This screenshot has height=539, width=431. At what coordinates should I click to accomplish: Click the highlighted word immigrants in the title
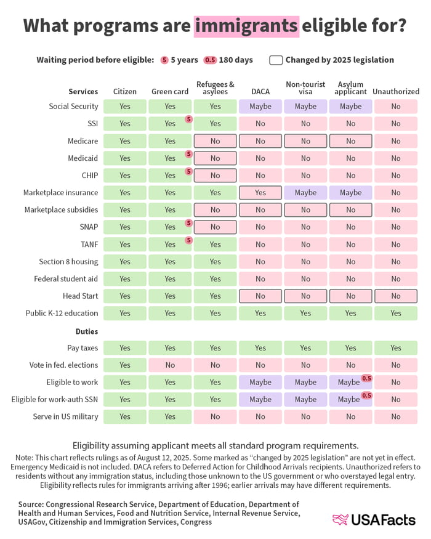(246, 26)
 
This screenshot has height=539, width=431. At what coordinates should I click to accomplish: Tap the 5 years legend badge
(164, 60)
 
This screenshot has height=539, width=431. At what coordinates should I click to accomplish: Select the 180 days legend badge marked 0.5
(210, 60)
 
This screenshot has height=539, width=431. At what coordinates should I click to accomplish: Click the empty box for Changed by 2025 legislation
(276, 60)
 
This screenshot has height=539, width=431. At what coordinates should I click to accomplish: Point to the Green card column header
(170, 91)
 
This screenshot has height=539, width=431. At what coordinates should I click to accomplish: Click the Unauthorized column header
(396, 91)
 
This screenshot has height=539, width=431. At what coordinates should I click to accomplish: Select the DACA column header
(260, 91)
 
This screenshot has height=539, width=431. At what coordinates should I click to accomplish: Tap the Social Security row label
(73, 106)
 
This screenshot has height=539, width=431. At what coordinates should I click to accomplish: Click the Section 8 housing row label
(68, 261)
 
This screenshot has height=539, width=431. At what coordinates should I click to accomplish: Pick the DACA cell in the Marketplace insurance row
(260, 193)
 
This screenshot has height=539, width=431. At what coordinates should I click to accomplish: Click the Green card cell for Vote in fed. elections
(170, 365)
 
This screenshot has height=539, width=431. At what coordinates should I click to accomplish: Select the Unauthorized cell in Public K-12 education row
(396, 313)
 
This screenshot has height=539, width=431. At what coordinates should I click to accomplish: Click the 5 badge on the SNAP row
(188, 222)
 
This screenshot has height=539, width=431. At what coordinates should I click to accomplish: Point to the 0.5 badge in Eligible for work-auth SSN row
(366, 395)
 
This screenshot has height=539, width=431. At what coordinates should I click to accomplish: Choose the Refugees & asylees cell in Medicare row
(215, 141)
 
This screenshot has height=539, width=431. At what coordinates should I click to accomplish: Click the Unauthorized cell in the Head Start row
(396, 296)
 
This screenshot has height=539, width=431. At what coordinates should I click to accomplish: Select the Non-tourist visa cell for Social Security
(305, 106)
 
